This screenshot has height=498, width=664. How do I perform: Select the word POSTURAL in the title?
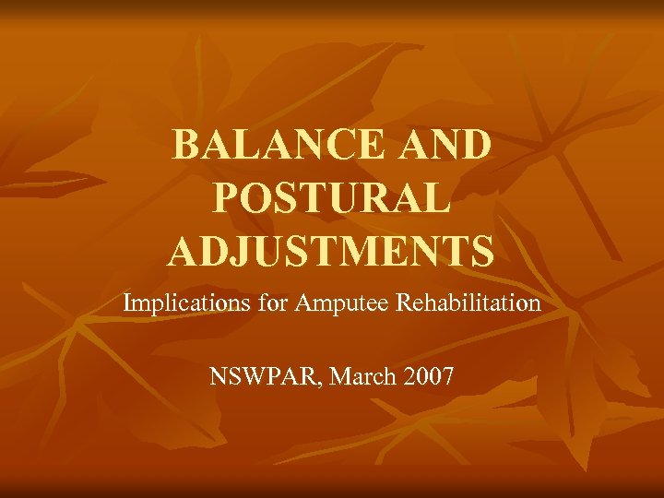[x=332, y=198]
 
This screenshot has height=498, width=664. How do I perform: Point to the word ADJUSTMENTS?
[x=331, y=251]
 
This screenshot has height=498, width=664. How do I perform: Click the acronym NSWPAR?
[x=257, y=377]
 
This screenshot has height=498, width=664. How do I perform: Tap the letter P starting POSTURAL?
[x=227, y=198]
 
